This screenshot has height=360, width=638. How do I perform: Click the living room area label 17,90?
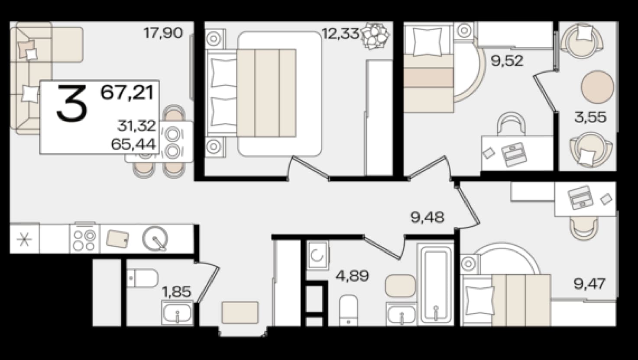pyautogui.click(x=163, y=33)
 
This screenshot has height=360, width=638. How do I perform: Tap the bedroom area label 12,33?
pyautogui.click(x=340, y=33)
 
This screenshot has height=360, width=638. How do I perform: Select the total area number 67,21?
pyautogui.click(x=128, y=93)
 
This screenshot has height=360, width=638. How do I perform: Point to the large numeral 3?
pyautogui.click(x=72, y=103)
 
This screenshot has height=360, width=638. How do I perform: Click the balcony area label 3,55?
pyautogui.click(x=590, y=117)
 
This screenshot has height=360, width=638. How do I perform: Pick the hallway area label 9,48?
pyautogui.click(x=427, y=217)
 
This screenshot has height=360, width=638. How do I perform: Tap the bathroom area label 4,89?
pyautogui.click(x=353, y=275)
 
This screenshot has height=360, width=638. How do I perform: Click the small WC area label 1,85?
pyautogui.click(x=177, y=292)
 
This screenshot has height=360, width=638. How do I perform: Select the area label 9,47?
pyautogui.click(x=589, y=284)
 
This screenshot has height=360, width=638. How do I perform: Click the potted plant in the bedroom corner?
pyautogui.click(x=375, y=35)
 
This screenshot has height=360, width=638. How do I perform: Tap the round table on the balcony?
pyautogui.click(x=597, y=87)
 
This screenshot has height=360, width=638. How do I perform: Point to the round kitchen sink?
pyautogui.click(x=155, y=238)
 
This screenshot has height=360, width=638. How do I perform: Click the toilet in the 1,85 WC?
pyautogui.click(x=142, y=278)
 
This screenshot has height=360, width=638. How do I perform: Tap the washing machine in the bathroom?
pyautogui.click(x=317, y=255)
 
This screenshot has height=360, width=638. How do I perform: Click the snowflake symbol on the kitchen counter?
pyautogui.click(x=24, y=239)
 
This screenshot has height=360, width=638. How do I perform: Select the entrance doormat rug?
pyautogui.click(x=240, y=313)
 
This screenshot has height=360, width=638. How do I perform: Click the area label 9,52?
pyautogui.click(x=507, y=61)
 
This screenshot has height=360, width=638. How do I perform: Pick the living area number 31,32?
pyautogui.click(x=136, y=126)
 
